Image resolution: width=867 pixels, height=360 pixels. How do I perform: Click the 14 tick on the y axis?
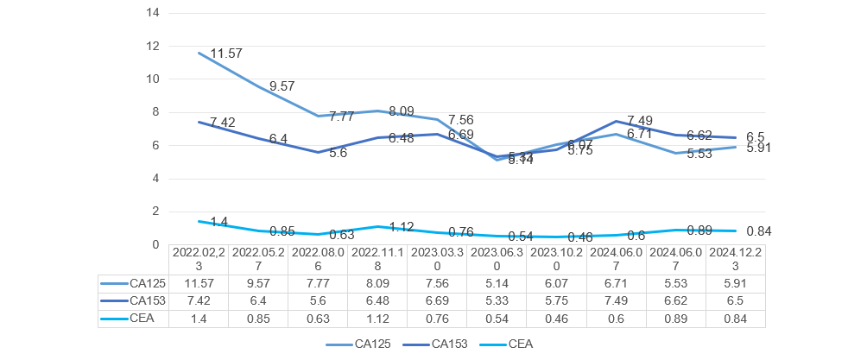coord(155,13)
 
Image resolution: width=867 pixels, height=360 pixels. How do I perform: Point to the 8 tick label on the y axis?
coord(156,112)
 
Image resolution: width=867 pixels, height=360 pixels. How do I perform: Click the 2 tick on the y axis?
coord(156,212)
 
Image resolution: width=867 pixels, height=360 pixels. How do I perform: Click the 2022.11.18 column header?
coord(379,260)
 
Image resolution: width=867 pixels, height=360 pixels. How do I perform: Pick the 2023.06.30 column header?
coord(498,260)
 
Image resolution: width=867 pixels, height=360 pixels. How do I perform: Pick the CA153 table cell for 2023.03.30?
coord(439,300)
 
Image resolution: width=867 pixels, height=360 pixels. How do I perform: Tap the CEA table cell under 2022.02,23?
coord(200,319)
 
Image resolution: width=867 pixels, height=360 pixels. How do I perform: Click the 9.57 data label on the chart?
coord(283,86)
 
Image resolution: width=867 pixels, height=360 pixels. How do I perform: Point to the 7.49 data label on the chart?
coord(640,120)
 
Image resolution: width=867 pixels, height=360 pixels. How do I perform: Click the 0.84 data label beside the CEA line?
coord(757,231)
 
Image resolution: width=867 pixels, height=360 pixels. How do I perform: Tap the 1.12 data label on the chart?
coord(402,227)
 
